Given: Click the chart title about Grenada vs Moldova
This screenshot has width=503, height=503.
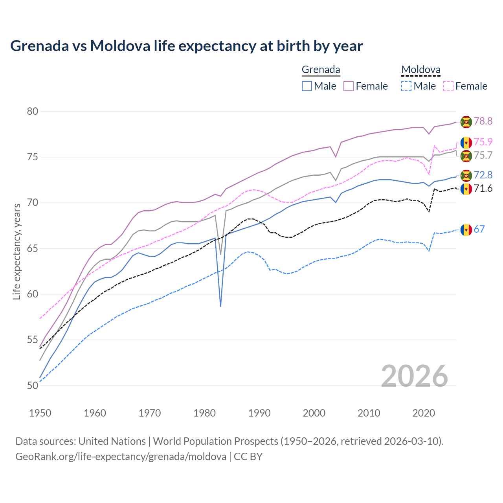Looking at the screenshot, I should point(186,46).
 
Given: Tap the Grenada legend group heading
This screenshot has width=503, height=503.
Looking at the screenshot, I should point(321,70).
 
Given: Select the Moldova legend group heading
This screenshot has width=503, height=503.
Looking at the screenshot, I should point(420,70).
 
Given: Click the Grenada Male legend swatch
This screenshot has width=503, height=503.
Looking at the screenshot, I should point(307,86).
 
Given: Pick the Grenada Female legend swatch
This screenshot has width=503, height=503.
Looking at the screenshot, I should point(349,86).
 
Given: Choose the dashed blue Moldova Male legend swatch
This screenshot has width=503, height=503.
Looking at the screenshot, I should point(406,86).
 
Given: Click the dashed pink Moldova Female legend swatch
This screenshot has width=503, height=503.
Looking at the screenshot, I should point(448,86).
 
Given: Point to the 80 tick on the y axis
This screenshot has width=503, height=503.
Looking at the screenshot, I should point(33,111).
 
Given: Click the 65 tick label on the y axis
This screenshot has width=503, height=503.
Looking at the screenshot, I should point(33,248).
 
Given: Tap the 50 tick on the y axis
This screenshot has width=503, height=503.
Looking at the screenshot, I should point(33,386).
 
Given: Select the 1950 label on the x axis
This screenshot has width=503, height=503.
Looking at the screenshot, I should point(40,413).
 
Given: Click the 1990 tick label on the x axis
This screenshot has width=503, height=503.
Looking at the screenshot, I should point(259,413).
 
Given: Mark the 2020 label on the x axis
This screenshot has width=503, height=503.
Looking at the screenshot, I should point(424,413).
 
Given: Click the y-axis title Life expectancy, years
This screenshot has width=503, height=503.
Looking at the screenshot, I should point(17,251).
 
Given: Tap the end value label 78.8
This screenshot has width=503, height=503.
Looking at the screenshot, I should point(483,121).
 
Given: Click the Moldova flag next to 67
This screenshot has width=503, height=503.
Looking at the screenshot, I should point(466,229).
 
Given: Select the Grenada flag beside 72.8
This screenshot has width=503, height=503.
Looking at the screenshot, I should point(466,175).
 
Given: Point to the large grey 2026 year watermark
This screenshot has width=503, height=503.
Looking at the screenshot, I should point(415,376).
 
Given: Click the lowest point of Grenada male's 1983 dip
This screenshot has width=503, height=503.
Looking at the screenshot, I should point(220,306).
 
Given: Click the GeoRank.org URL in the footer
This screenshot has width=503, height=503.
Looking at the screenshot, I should point(121,457).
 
